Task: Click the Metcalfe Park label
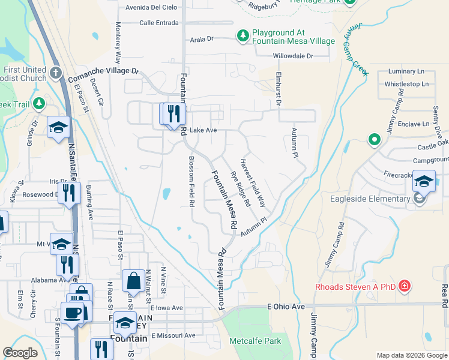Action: click(255, 341)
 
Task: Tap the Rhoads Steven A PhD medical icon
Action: click(406, 286)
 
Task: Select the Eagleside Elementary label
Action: click(369, 199)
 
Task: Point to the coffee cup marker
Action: click(73, 313)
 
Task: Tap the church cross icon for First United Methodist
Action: click(56, 73)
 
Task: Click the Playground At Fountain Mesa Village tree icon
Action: click(243, 36)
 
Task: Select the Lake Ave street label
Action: click(202, 130)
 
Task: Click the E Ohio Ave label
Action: click(286, 307)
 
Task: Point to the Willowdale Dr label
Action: click(293, 56)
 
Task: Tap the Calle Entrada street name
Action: click(158, 23)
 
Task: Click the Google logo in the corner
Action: click(21, 353)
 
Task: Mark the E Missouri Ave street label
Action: click(173, 335)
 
